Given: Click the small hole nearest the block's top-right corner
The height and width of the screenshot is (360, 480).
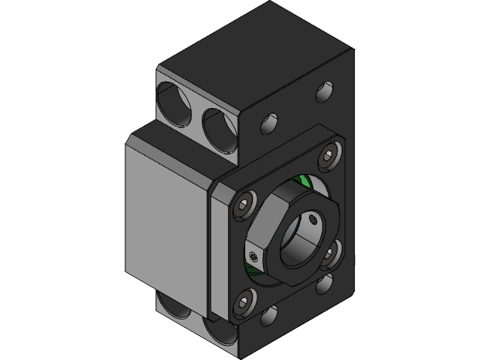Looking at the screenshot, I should tap(324, 92).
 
